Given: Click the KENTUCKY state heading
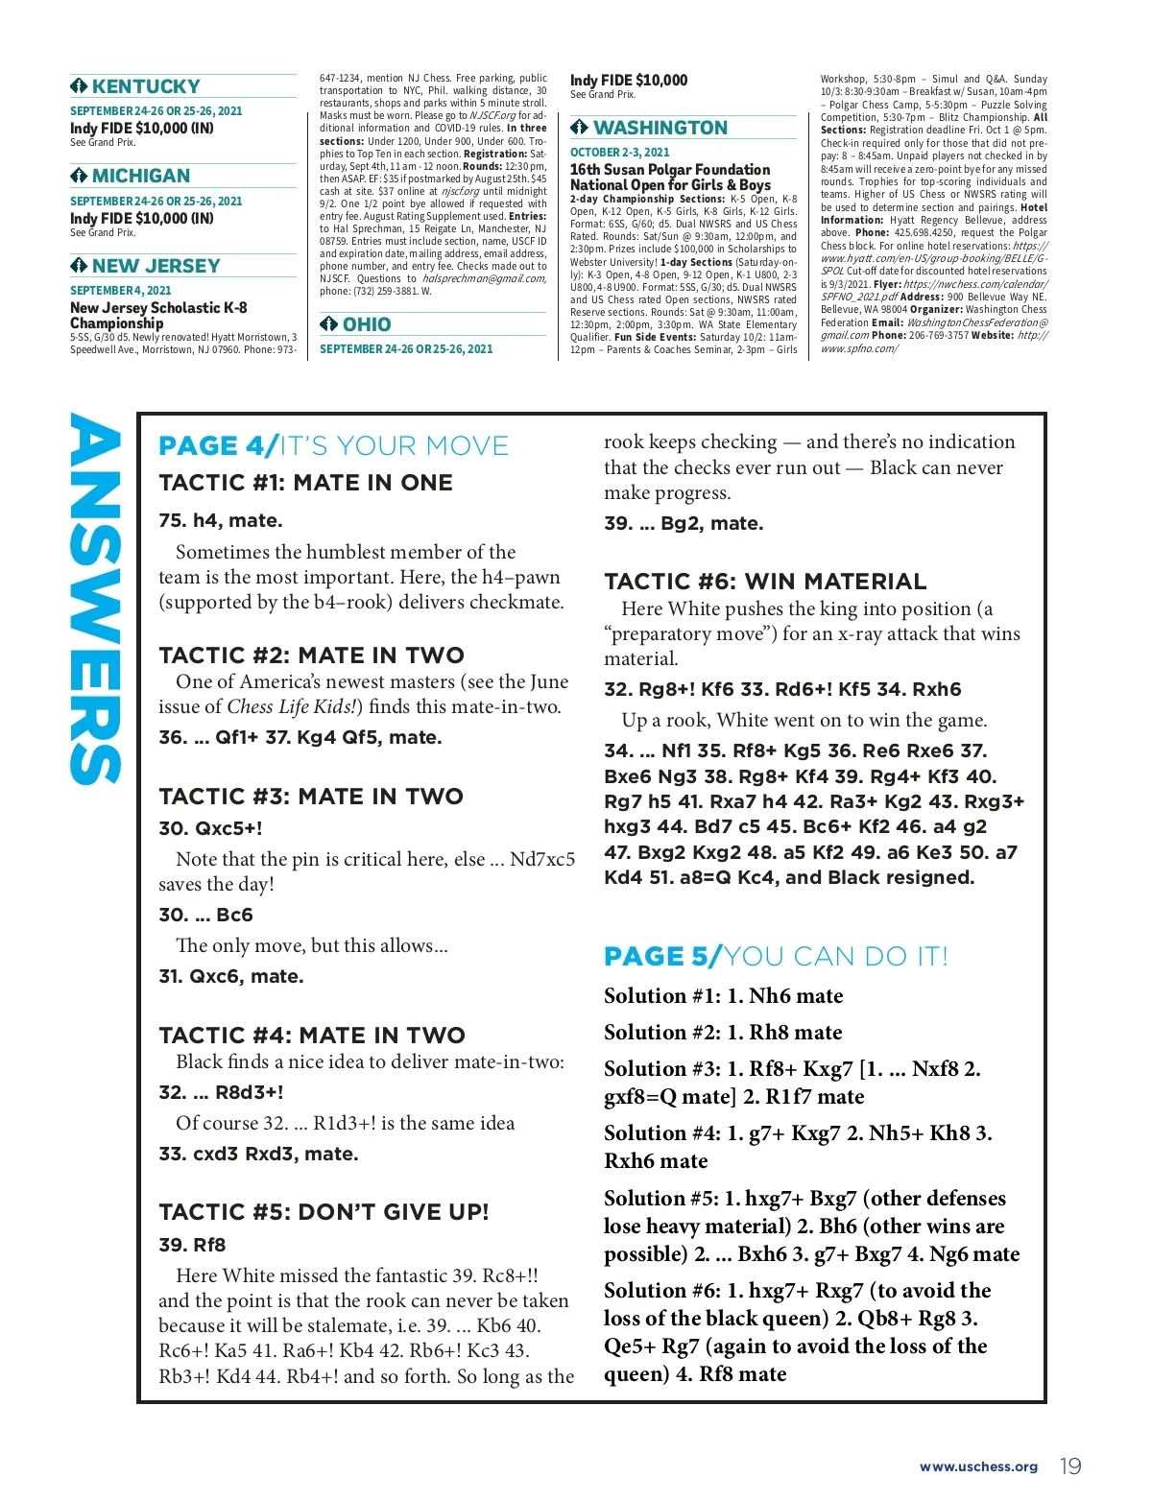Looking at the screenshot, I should tap(146, 86).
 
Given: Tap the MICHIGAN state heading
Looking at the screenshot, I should tap(141, 176).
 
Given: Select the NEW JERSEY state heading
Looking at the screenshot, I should tap(156, 266).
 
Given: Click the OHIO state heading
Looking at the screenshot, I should tap(366, 324).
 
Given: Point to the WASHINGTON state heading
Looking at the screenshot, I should tap(660, 128).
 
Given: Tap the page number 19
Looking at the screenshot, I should tap(1070, 1466).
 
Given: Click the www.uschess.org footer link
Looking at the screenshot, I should tap(978, 1466).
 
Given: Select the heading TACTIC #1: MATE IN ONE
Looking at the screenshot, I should tap(305, 483).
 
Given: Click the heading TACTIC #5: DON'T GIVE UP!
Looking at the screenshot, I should tap(324, 1212).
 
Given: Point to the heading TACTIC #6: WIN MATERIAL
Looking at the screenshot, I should tap(765, 582).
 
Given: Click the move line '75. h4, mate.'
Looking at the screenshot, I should tap(221, 521).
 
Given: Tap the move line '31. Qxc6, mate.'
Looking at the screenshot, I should tap(230, 977).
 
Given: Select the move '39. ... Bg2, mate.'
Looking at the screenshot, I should tap(684, 524).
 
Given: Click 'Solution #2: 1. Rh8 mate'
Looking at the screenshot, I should tap(723, 1033).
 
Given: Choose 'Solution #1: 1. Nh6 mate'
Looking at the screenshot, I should tap(723, 996).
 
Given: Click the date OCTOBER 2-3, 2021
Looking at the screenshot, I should tap(619, 153).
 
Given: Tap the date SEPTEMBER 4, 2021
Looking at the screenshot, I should tap(121, 290).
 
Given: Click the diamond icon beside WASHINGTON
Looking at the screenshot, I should tap(579, 128).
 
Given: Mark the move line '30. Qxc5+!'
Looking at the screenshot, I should tap(210, 828).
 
